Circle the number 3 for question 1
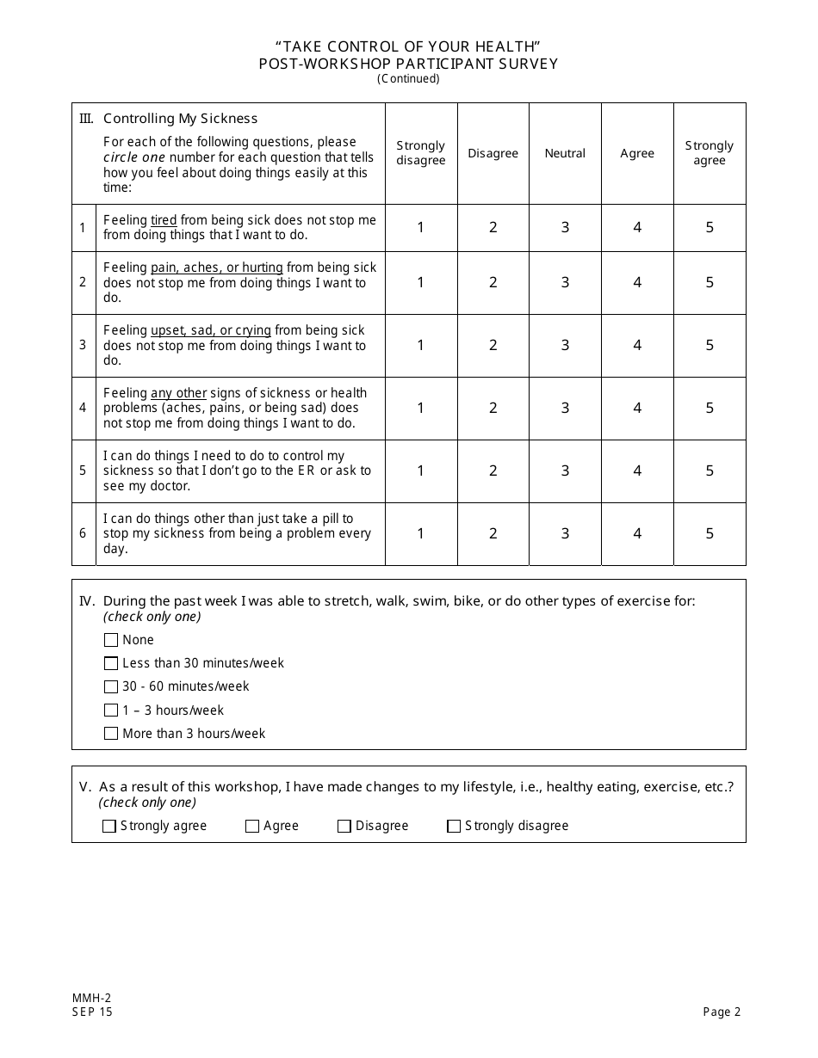pos(566,227)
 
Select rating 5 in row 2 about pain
pos(710,282)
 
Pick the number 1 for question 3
pos(421,345)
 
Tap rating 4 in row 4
pos(637,408)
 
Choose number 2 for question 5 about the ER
pos(493,471)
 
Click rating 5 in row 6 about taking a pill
pos(710,533)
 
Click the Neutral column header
pos(565,153)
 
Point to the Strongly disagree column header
pos(421,153)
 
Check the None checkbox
pos(111,640)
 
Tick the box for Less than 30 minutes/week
pos(111,663)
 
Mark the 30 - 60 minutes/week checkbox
pos(111,686)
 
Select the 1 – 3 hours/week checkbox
pos(111,710)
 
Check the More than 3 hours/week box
pos(111,734)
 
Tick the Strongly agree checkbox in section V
pos(109,826)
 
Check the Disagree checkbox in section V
pos(344,826)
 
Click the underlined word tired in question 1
pos(164,220)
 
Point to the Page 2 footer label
pos(722,1012)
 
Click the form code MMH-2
pos(91,998)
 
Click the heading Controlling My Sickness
pos(180,119)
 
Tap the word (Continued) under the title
pos(408,78)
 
